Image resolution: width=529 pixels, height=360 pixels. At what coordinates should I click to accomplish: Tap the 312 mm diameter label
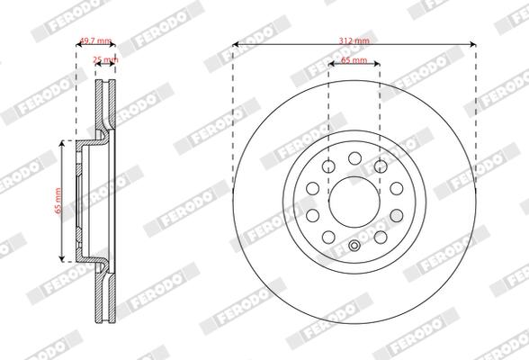[x=354, y=40]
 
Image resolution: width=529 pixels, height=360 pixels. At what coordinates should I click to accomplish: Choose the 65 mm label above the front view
[x=354, y=60]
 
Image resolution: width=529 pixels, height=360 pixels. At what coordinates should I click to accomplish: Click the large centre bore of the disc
[x=354, y=199]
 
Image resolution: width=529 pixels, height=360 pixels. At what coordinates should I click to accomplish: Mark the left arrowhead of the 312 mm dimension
[x=235, y=44]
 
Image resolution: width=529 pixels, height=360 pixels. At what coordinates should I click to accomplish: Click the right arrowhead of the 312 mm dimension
[x=472, y=44]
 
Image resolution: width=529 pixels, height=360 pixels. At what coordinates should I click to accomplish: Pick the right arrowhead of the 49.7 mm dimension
[x=115, y=44]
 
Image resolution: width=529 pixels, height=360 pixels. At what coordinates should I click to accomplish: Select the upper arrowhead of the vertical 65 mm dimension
[x=62, y=143]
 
